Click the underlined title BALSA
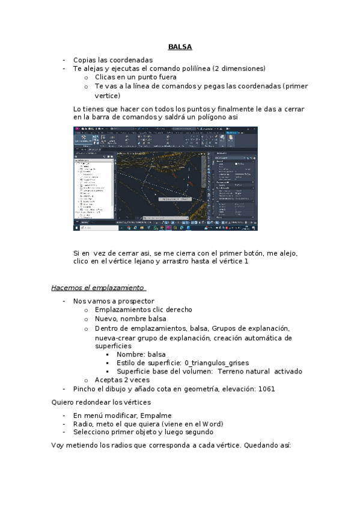(x=180, y=47)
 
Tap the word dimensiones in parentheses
(x=240, y=69)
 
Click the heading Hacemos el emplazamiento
(x=99, y=287)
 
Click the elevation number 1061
(x=265, y=389)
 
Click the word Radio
(x=82, y=423)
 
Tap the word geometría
(x=200, y=389)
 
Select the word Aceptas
(x=109, y=380)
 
